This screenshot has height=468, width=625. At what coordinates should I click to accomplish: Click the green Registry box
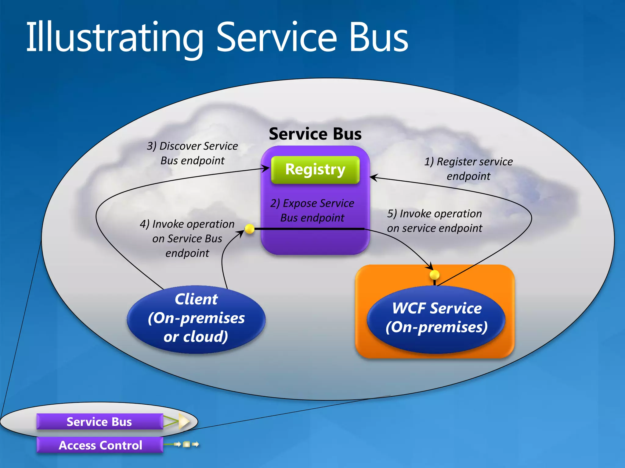(x=315, y=170)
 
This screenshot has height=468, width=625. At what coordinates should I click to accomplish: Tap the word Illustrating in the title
(x=114, y=38)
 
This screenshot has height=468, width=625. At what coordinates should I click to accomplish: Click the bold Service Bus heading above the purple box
(x=315, y=134)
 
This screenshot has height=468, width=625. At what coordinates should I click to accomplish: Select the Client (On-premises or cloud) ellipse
(x=196, y=319)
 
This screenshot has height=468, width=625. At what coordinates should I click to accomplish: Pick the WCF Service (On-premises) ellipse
(x=436, y=318)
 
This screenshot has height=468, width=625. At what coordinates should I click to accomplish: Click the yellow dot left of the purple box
(x=250, y=229)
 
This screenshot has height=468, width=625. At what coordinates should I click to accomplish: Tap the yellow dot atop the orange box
(x=434, y=275)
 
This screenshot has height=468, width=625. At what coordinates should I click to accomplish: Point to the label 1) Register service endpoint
(x=468, y=168)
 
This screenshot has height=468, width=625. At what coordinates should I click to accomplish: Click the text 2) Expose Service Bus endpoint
(x=312, y=210)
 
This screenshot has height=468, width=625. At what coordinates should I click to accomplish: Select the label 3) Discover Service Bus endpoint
(x=192, y=153)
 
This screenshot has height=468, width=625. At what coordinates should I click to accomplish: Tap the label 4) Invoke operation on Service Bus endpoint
(x=187, y=238)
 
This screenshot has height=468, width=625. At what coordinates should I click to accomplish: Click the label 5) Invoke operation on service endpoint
(x=435, y=221)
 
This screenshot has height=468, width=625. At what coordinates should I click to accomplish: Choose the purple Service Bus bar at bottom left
(x=99, y=422)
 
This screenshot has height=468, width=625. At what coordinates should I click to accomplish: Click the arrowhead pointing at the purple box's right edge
(x=374, y=177)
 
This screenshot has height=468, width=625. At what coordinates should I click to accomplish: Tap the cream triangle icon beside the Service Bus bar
(x=184, y=422)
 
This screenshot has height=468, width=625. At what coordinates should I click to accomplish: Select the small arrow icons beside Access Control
(x=187, y=445)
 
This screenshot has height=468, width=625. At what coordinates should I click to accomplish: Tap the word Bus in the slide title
(x=378, y=38)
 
